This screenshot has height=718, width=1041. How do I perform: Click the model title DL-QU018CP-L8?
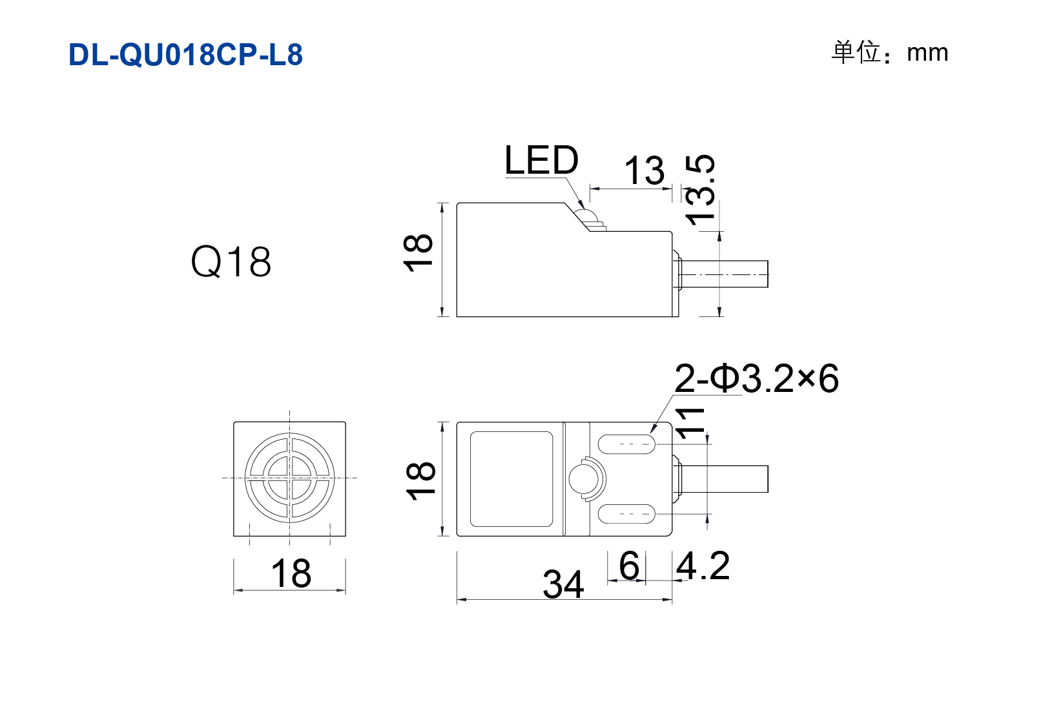coord(185,55)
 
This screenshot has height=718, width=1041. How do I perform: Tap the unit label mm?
coord(927,54)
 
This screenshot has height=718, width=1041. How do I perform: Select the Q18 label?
coord(231,262)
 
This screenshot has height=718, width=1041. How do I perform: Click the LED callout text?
coord(541,160)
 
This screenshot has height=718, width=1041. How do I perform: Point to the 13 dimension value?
coord(644,170)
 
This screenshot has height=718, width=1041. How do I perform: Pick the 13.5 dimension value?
coord(701,190)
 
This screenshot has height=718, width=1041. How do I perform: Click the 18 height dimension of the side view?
coord(418,253)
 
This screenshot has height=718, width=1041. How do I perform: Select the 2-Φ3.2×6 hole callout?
coord(757,379)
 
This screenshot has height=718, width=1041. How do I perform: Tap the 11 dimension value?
coord(690,424)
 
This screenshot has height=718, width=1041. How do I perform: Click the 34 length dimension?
coord(562,584)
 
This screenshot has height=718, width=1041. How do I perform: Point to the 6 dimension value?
coord(629,566)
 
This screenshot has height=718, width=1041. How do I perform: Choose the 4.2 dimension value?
coord(703,566)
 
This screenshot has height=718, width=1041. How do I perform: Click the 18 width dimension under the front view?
coord(291,573)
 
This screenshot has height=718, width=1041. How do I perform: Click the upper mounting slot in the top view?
coord(626,444)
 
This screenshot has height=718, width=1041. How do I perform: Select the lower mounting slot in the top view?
coord(626,514)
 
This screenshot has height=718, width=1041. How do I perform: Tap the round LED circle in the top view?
coord(584,479)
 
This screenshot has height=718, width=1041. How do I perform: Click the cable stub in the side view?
coord(723,274)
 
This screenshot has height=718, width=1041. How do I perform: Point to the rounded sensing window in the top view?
coord(511,479)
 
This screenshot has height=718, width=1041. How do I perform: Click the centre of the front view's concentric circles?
coord(289,478)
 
